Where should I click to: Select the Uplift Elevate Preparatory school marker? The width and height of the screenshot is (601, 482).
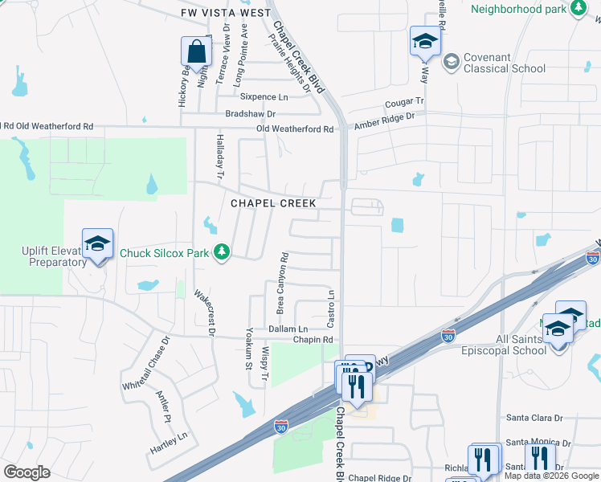pyautogui.click(x=97, y=244)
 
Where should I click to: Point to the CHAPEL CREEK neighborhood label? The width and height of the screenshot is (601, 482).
pyautogui.click(x=273, y=203)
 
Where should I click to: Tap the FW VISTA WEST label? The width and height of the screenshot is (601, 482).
pyautogui.click(x=215, y=14)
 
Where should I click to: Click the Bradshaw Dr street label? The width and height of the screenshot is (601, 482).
pyautogui.click(x=250, y=114)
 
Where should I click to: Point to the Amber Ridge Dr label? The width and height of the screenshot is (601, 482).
pyautogui.click(x=385, y=117)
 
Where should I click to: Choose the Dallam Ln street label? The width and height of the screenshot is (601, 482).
pyautogui.click(x=288, y=329)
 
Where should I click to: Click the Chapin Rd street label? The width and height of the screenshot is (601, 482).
pyautogui.click(x=313, y=340)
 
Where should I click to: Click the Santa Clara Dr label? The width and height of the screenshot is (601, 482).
pyautogui.click(x=538, y=418)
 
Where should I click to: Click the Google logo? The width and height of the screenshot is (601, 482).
pyautogui.click(x=27, y=472)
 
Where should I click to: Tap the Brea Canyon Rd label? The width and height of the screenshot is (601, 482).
pyautogui.click(x=282, y=283)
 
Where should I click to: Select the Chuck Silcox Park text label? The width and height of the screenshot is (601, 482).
pyautogui.click(x=165, y=253)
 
